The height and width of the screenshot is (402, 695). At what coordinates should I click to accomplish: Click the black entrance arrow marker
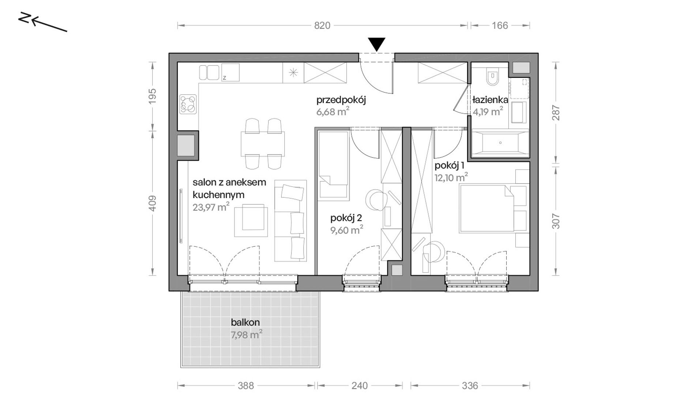[376, 44]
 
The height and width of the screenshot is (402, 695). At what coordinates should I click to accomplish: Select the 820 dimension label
[322, 26]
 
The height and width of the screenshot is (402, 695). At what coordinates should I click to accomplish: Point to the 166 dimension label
[500, 26]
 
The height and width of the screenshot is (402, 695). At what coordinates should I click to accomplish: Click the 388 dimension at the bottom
[246, 386]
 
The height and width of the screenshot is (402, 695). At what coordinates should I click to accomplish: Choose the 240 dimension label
[360, 386]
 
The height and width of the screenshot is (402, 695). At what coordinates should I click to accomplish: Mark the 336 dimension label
[470, 386]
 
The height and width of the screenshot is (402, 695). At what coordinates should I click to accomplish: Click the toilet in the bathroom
[492, 77]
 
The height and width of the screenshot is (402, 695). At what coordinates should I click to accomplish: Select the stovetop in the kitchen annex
[188, 104]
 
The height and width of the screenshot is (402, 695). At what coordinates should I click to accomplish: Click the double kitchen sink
[209, 72]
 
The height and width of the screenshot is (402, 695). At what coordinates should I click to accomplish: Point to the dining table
[263, 144]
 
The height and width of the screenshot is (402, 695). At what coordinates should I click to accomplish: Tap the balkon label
[245, 322]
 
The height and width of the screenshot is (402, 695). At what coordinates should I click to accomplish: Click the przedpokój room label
[341, 100]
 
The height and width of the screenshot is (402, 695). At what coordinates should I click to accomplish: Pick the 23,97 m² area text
[211, 207]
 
